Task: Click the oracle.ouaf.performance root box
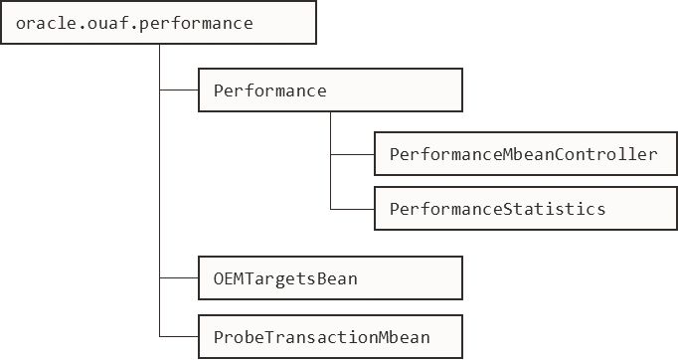pos(159,22)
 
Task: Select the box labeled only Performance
pos(330,90)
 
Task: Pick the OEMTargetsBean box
pos(330,278)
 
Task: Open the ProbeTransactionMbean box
pos(330,337)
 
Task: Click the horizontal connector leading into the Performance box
pos(179,90)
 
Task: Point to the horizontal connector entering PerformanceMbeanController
pos(352,154)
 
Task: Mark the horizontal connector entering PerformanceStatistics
pos(352,208)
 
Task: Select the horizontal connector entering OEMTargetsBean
pos(179,278)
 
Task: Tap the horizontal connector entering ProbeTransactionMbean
pos(179,337)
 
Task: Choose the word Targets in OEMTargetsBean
pos(279,278)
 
